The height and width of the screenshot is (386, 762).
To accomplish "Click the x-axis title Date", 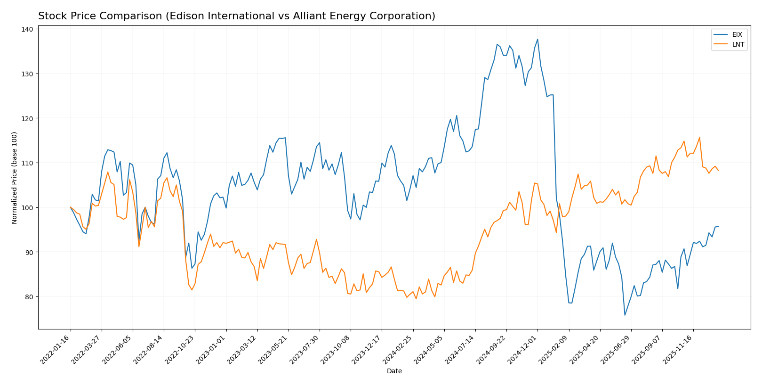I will coord(394,371).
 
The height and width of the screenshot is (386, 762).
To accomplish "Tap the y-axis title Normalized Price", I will coord(15,178).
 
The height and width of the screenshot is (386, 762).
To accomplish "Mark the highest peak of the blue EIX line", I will coord(537,40).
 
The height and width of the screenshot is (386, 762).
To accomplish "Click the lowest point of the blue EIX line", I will coord(625,315).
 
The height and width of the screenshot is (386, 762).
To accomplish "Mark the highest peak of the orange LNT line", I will coord(699,138).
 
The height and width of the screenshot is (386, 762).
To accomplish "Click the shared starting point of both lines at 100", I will coord(71,207).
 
